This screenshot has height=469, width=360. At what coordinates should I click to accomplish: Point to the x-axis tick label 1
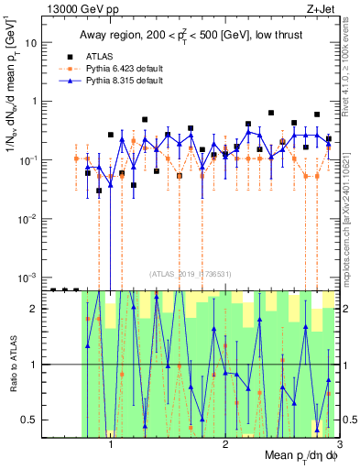(111, 443)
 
